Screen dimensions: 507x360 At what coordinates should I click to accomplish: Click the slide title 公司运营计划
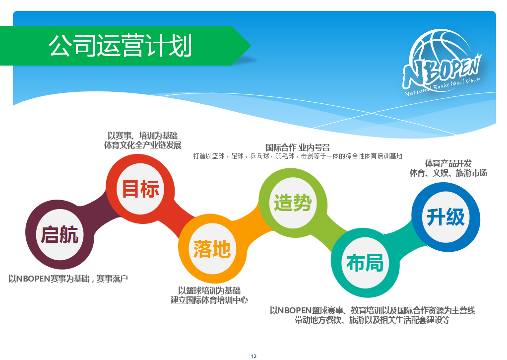120,46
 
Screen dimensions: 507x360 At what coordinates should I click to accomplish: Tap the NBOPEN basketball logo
442,63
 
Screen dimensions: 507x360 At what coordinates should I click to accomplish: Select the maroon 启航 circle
60,234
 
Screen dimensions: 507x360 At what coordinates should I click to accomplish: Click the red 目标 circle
140,188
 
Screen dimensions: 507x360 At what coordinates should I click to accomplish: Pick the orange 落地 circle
212,248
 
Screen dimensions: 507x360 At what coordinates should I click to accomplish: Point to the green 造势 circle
293,203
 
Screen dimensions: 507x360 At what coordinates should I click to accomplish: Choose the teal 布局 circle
366,263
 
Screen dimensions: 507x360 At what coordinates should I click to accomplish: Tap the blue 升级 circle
445,217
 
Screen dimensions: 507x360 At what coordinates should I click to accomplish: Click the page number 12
253,356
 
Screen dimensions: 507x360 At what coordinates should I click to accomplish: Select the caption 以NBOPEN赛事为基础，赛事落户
68,279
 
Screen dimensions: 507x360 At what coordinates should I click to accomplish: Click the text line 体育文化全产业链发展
142,145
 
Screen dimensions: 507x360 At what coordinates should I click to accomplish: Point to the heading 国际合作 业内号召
298,147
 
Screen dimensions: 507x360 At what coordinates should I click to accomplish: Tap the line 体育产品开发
448,163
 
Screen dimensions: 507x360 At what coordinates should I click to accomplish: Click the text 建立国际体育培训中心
209,300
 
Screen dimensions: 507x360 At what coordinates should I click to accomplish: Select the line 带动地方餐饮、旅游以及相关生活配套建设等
372,320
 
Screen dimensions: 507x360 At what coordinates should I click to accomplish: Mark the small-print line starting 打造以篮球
298,156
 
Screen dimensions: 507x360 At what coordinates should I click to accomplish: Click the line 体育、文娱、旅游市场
448,173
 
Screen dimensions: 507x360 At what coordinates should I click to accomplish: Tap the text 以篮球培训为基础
209,290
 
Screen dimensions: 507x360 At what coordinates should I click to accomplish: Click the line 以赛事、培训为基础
142,136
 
